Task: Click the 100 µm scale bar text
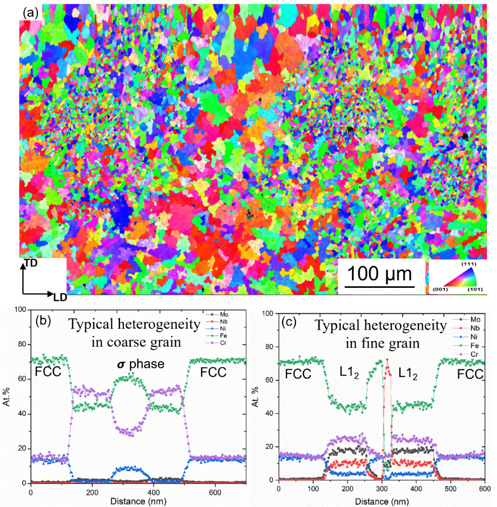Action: [380, 274]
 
